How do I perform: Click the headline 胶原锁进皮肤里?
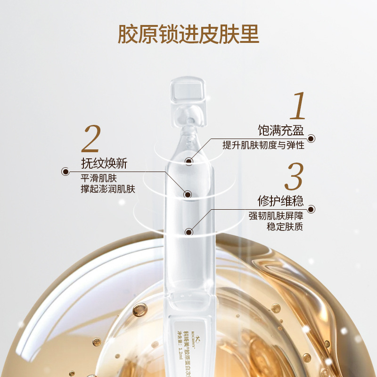tap(188, 34)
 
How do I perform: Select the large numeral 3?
tap(294, 178)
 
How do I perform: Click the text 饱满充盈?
tap(280, 130)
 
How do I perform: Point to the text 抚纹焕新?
tap(104, 164)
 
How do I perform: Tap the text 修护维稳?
tap(280, 201)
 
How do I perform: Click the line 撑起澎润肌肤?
tap(108, 189)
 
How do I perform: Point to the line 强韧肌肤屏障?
tap(276, 216)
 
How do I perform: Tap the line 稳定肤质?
tap(285, 227)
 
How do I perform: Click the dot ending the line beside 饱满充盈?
tap(311, 139)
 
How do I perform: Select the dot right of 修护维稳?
tap(311, 209)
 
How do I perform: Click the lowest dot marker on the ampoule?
tap(189, 232)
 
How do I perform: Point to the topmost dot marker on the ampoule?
tap(189, 161)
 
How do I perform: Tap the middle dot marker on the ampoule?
tap(188, 194)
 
